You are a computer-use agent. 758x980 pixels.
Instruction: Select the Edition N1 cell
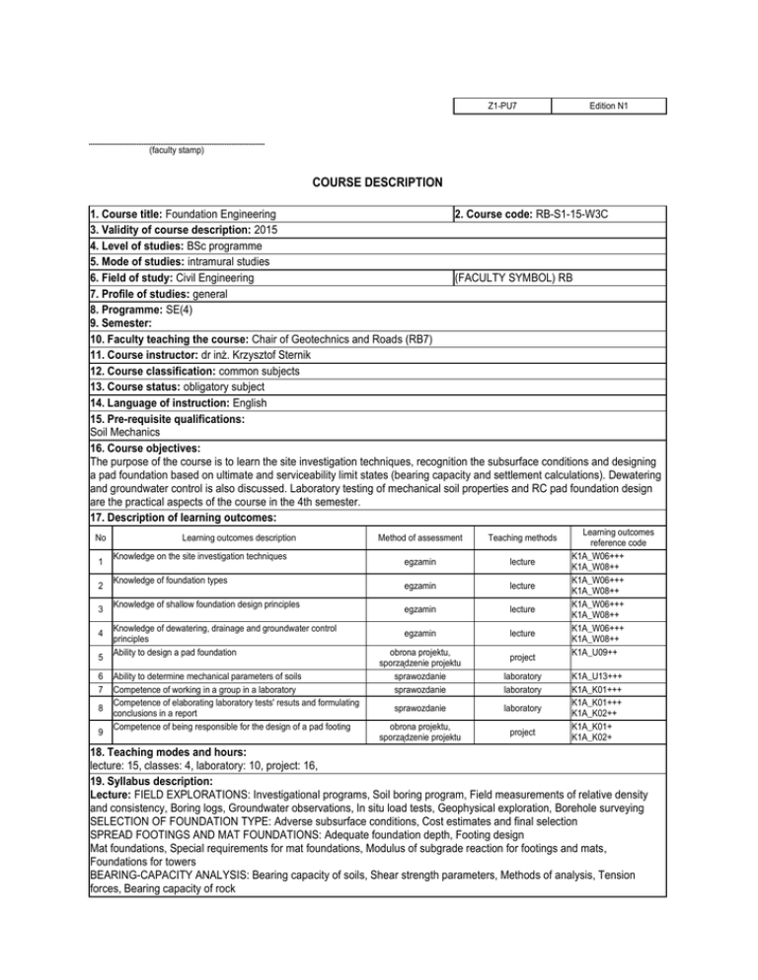coord(608,104)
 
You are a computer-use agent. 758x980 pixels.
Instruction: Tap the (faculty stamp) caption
coord(177,151)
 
